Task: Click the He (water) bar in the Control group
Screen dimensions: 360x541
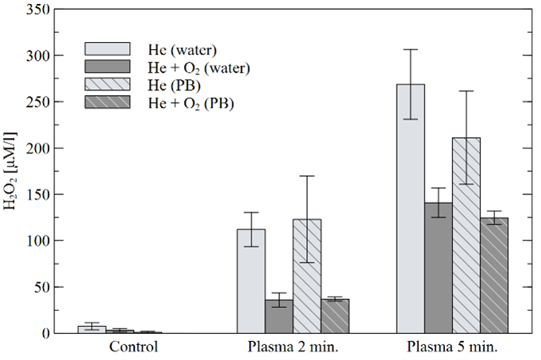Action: coord(92,329)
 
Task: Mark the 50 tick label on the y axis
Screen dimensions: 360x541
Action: coord(43,287)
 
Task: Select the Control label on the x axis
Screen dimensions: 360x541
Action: coord(134,347)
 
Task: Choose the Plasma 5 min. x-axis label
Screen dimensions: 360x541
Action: coord(453,347)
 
